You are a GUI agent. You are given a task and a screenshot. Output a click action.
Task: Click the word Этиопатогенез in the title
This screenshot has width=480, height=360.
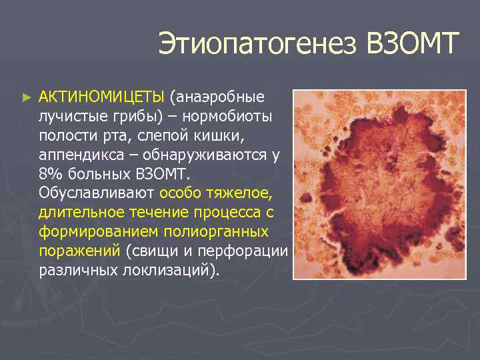tap(257, 45)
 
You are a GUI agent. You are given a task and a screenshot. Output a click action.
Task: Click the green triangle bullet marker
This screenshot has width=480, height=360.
tap(26, 97)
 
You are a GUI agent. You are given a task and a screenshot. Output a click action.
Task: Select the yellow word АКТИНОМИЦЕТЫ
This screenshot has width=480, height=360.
tap(101, 97)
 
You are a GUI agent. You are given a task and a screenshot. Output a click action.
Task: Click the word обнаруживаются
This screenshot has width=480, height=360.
tap(205, 155)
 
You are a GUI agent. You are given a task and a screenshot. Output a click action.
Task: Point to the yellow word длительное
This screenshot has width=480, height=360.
tap(83, 213)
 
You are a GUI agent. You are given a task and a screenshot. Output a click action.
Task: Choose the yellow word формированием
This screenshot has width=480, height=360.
tap(95, 232)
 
